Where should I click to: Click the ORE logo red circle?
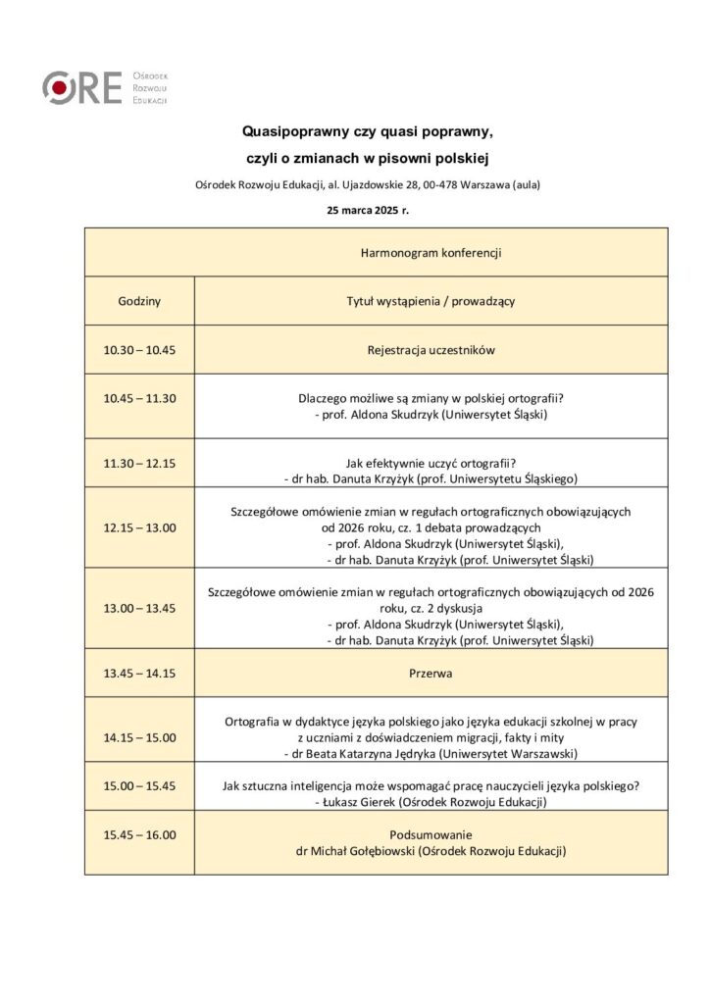tap(60, 88)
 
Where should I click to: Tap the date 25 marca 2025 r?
tap(368, 210)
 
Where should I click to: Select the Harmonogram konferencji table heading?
tap(431, 253)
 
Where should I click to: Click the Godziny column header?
tap(139, 301)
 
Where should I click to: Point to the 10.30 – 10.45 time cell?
tap(139, 350)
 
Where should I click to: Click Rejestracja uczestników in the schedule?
tap(431, 350)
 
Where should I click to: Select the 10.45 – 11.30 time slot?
tap(139, 398)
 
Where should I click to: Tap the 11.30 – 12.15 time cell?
tap(139, 463)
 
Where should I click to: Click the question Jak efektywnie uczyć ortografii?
tap(431, 463)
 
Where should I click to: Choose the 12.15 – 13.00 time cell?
tap(139, 527)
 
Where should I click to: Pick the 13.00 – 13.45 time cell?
tap(139, 608)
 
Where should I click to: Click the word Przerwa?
tap(431, 674)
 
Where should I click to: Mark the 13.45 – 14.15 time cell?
tap(139, 674)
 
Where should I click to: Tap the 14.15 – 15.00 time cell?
tap(139, 737)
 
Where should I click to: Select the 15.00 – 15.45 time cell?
tap(139, 785)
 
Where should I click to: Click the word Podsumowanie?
tap(431, 835)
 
